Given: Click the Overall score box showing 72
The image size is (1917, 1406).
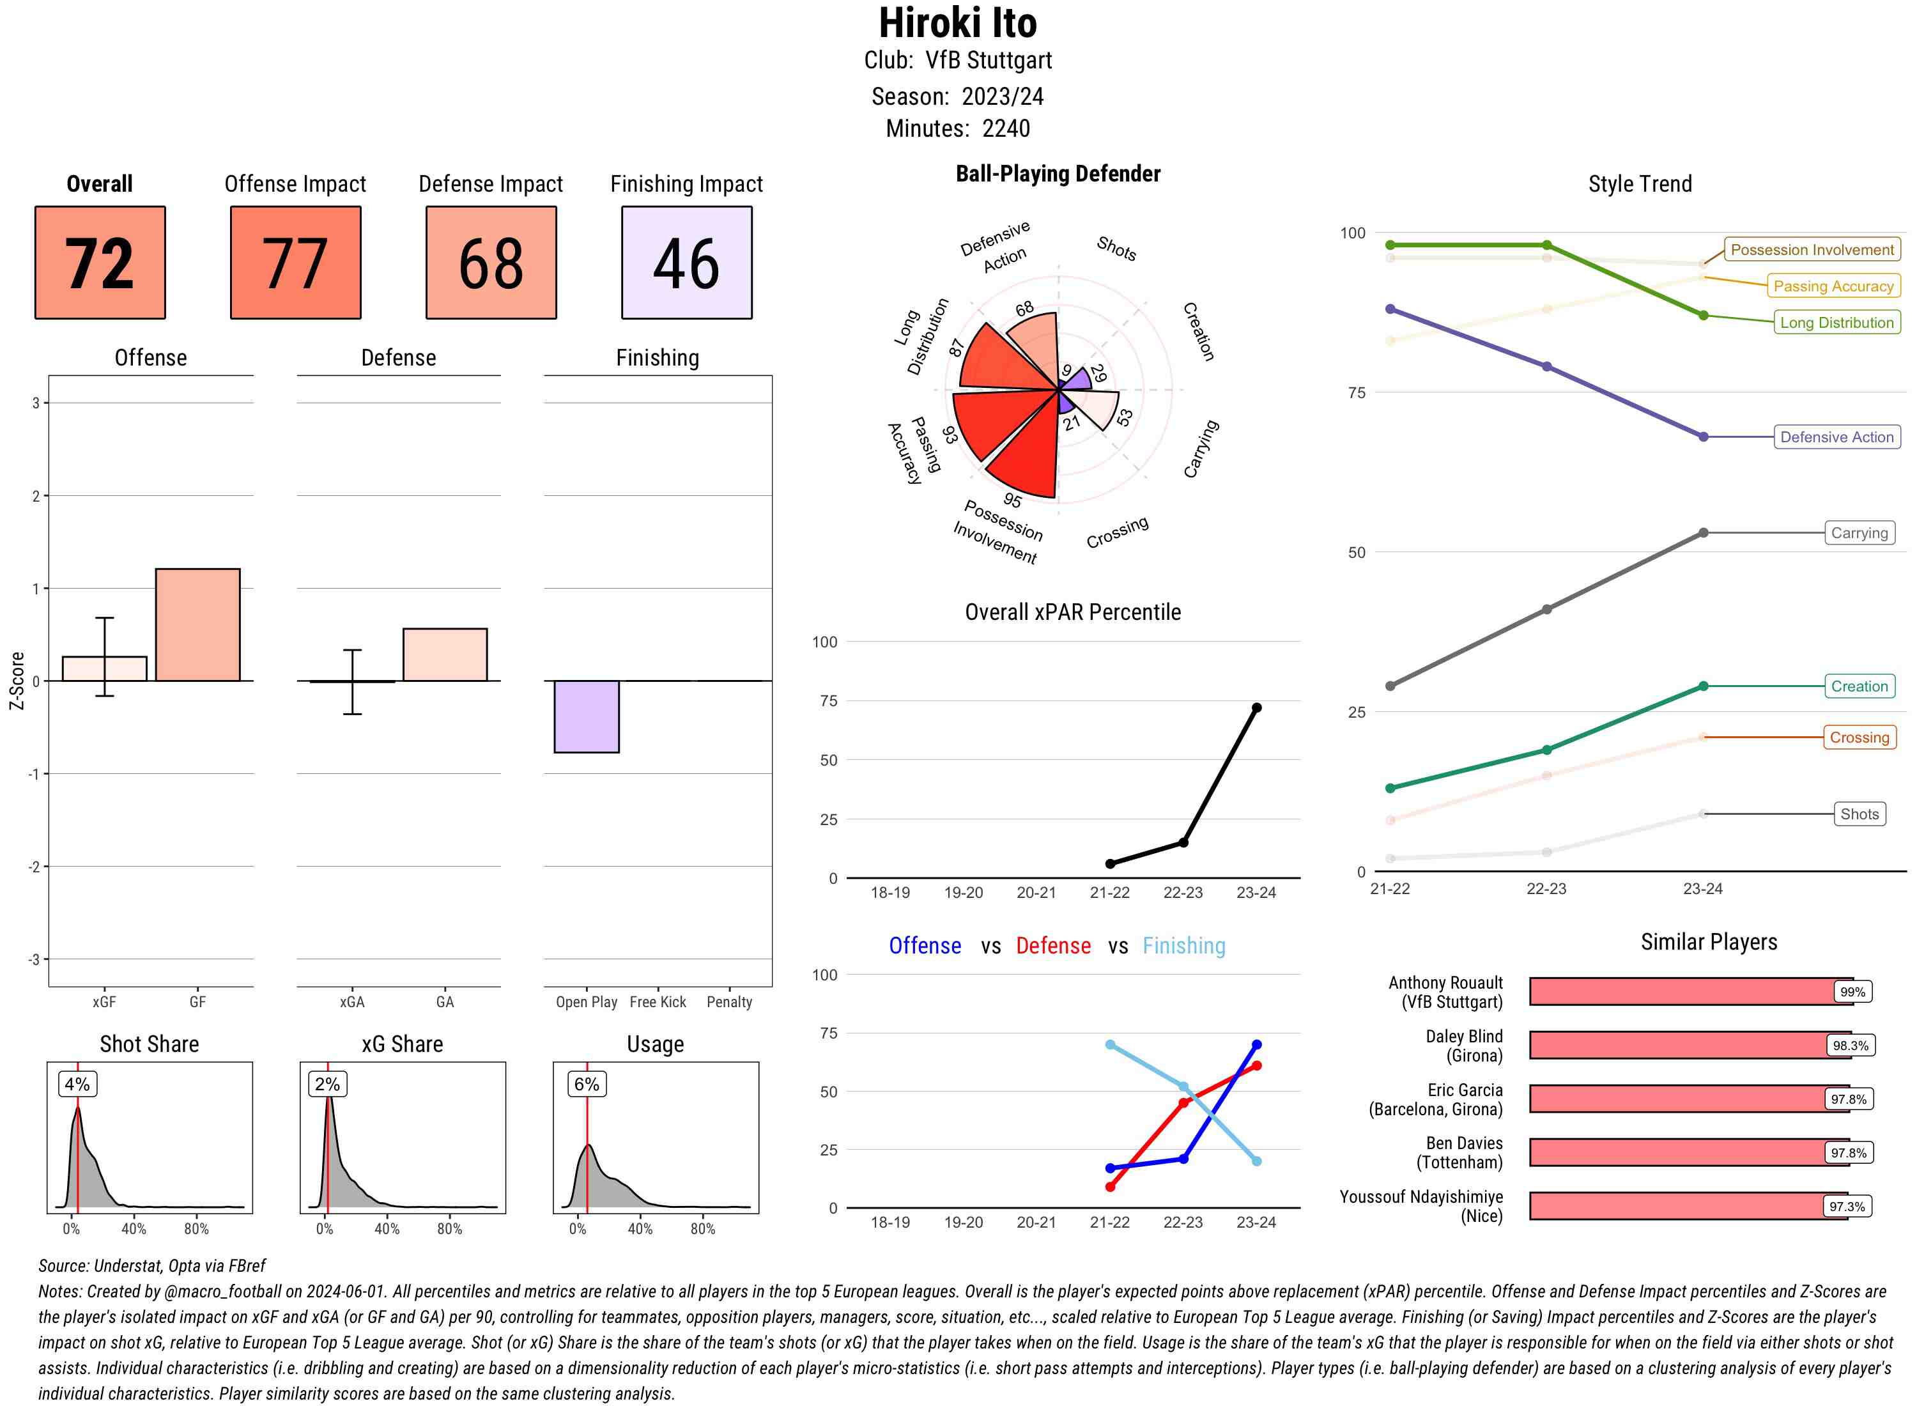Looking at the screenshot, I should click(x=100, y=262).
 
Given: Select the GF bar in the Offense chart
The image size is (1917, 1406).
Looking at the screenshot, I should click(x=197, y=624).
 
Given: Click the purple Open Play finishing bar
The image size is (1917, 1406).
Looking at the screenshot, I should click(x=586, y=716).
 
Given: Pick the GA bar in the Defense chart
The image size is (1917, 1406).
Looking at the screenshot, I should click(x=444, y=654).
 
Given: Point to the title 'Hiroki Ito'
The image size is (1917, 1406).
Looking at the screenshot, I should click(x=957, y=24).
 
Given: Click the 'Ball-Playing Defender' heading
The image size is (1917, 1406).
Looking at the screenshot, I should click(x=1057, y=174).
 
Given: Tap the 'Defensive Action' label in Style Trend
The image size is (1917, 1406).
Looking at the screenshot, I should click(x=1836, y=436).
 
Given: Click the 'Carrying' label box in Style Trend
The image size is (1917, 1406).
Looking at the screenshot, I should click(x=1858, y=533).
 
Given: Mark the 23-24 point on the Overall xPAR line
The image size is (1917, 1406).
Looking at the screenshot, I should click(x=1256, y=707).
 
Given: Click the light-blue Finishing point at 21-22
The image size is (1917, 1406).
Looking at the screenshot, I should click(x=1109, y=1044).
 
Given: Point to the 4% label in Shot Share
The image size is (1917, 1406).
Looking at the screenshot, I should click(x=77, y=1083).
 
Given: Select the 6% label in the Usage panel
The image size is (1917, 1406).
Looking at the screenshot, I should click(x=586, y=1083).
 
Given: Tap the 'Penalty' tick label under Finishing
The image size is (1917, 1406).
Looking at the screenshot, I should click(x=728, y=1001).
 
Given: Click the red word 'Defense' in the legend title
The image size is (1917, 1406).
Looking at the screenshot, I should click(x=1052, y=946).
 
